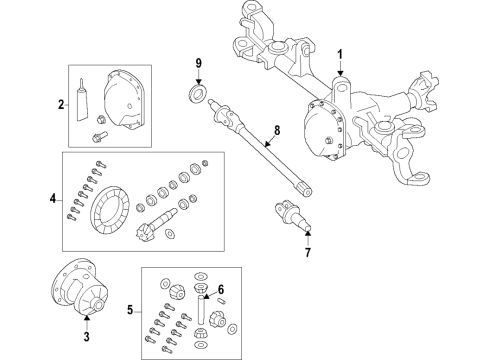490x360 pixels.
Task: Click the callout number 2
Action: pos(60,103)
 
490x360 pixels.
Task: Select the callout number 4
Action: pos(53,199)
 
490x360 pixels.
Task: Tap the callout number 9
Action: pos(198,65)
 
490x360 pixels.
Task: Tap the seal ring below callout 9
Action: pos(198,93)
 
